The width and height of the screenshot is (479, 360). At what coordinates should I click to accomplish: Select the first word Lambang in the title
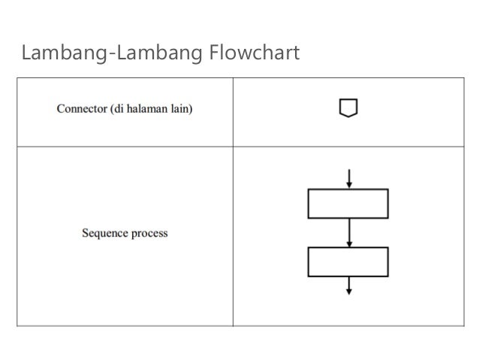63,54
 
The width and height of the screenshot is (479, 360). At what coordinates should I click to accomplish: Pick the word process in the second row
149,233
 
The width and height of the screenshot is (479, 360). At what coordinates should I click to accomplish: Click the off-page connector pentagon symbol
348,109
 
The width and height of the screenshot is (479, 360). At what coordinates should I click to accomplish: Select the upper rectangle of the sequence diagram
348,204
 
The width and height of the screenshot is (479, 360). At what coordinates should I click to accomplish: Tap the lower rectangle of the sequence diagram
348,262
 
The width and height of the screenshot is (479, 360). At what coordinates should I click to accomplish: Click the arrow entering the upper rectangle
348,179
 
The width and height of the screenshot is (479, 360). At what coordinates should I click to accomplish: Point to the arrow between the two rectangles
348,233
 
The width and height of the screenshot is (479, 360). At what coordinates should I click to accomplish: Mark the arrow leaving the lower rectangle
348,285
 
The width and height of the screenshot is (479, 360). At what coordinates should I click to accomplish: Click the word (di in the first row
124,108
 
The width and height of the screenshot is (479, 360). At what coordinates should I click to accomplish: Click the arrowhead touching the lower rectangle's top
348,244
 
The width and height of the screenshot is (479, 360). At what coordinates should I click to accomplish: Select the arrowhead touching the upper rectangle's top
348,186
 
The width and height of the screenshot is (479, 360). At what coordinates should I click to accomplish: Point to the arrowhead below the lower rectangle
348,291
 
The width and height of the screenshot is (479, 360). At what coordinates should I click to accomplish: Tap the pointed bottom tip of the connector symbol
348,116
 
